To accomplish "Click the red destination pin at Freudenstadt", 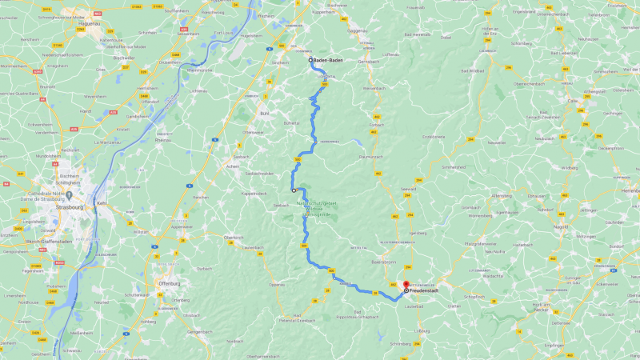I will (x=406, y=285).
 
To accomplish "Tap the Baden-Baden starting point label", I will (x=328, y=60).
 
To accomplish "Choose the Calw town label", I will (x=572, y=101).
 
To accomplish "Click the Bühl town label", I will (x=264, y=114).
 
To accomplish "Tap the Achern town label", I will (x=233, y=166).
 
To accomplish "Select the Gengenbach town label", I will (x=199, y=330).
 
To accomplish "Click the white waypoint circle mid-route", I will (x=294, y=190).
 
